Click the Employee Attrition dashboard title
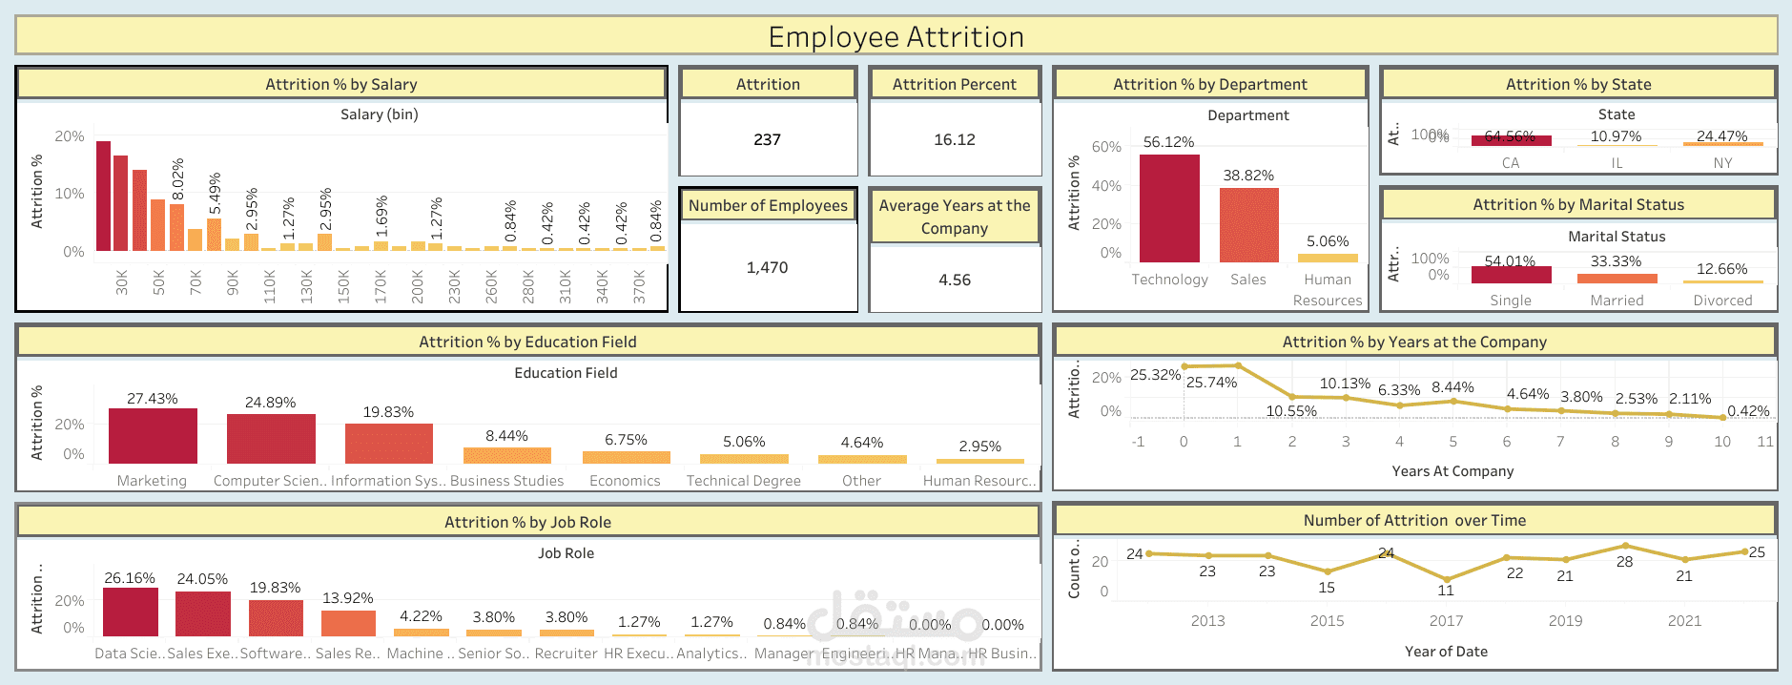click(x=896, y=37)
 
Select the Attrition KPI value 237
click(x=767, y=140)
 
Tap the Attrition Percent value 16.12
click(x=954, y=140)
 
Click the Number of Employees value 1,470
click(x=767, y=268)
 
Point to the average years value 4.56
click(x=954, y=280)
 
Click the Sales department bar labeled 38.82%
click(x=1248, y=226)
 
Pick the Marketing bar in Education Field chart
click(x=153, y=436)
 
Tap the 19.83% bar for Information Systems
click(x=388, y=444)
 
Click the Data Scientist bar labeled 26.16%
click(x=130, y=612)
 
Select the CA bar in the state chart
click(x=1511, y=140)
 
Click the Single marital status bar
click(x=1511, y=275)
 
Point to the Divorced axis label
click(x=1722, y=301)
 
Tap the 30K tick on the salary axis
click(x=122, y=281)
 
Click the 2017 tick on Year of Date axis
click(x=1446, y=621)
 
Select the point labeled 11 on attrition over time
click(x=1447, y=579)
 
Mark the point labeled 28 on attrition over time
click(x=1625, y=546)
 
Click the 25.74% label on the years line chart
click(x=1211, y=383)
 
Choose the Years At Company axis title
click(x=1452, y=471)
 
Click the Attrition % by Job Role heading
click(x=527, y=522)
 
